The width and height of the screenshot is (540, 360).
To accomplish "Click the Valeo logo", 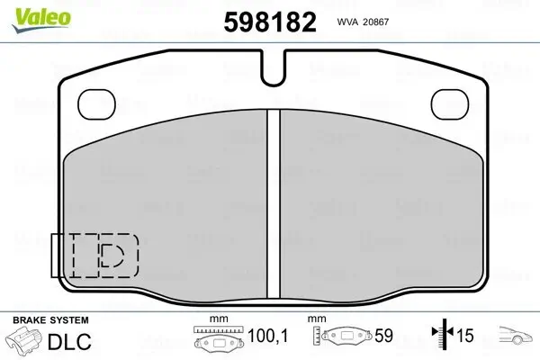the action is point(41,20).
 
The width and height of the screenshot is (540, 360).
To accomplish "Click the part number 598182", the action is point(270,22).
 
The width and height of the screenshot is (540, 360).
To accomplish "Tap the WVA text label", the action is point(346,22).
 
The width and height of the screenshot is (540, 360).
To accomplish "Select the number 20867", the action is point(374,22).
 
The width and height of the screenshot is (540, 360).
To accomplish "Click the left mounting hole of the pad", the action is point(96,104).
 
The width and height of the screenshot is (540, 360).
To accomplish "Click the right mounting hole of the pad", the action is point(450,104).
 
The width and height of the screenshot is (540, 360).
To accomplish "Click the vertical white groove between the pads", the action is point(274,203).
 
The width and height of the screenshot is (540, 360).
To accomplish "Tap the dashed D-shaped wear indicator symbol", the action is point(112,256).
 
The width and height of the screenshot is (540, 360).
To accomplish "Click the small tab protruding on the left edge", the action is point(55,256).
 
